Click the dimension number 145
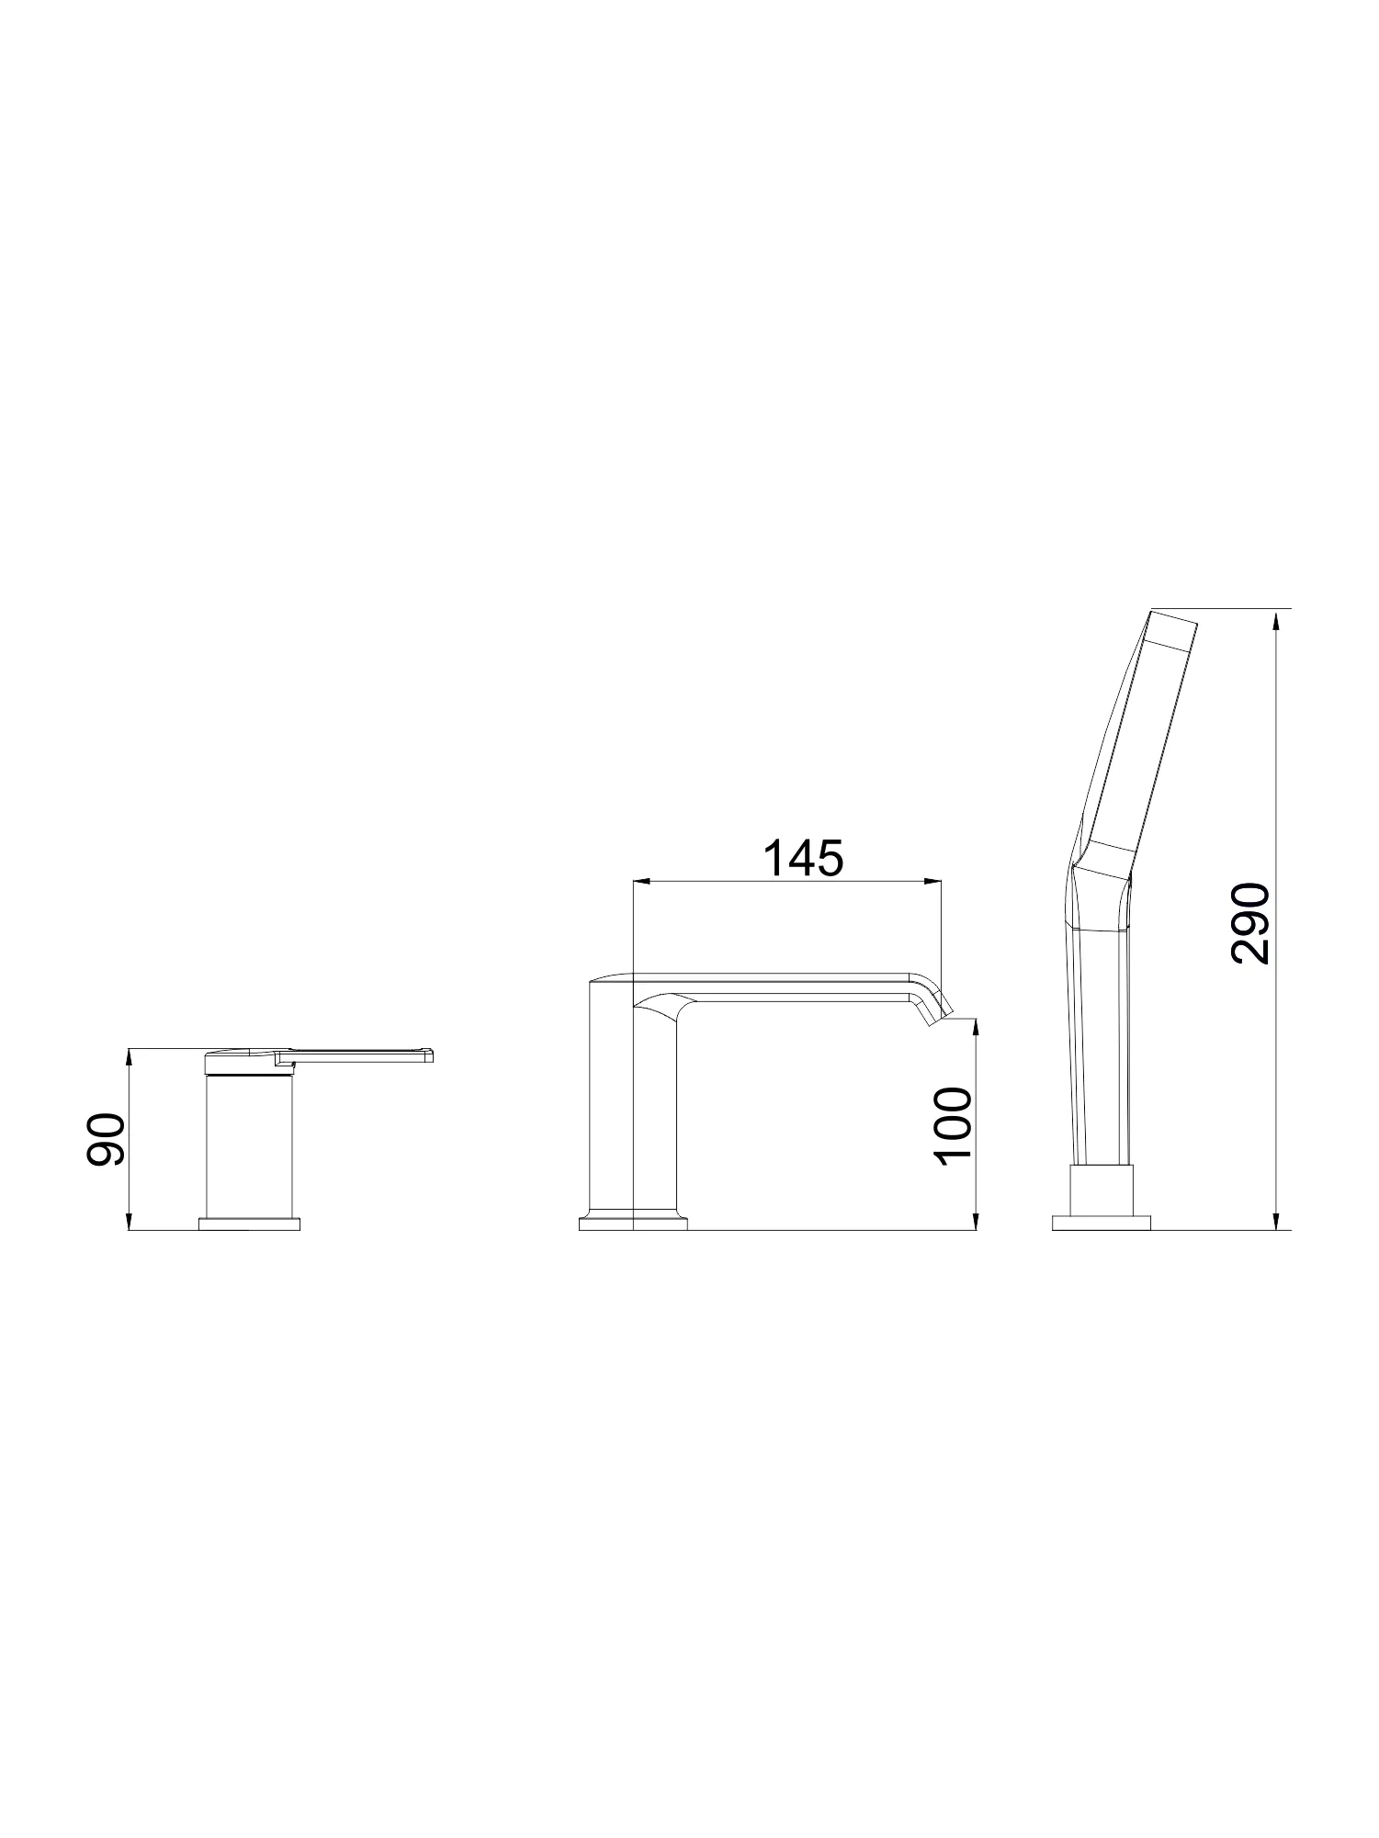point(803,859)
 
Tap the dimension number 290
point(1250,923)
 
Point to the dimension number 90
point(105,1140)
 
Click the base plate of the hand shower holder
point(1102,1223)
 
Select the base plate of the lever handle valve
point(250,1223)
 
